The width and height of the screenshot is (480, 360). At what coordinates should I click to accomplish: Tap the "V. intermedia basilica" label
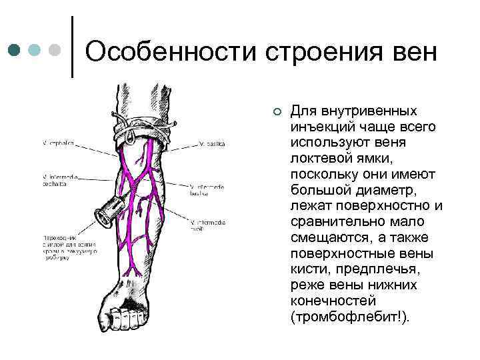click(x=209, y=191)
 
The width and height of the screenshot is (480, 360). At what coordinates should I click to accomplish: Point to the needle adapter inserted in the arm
click(x=107, y=213)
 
